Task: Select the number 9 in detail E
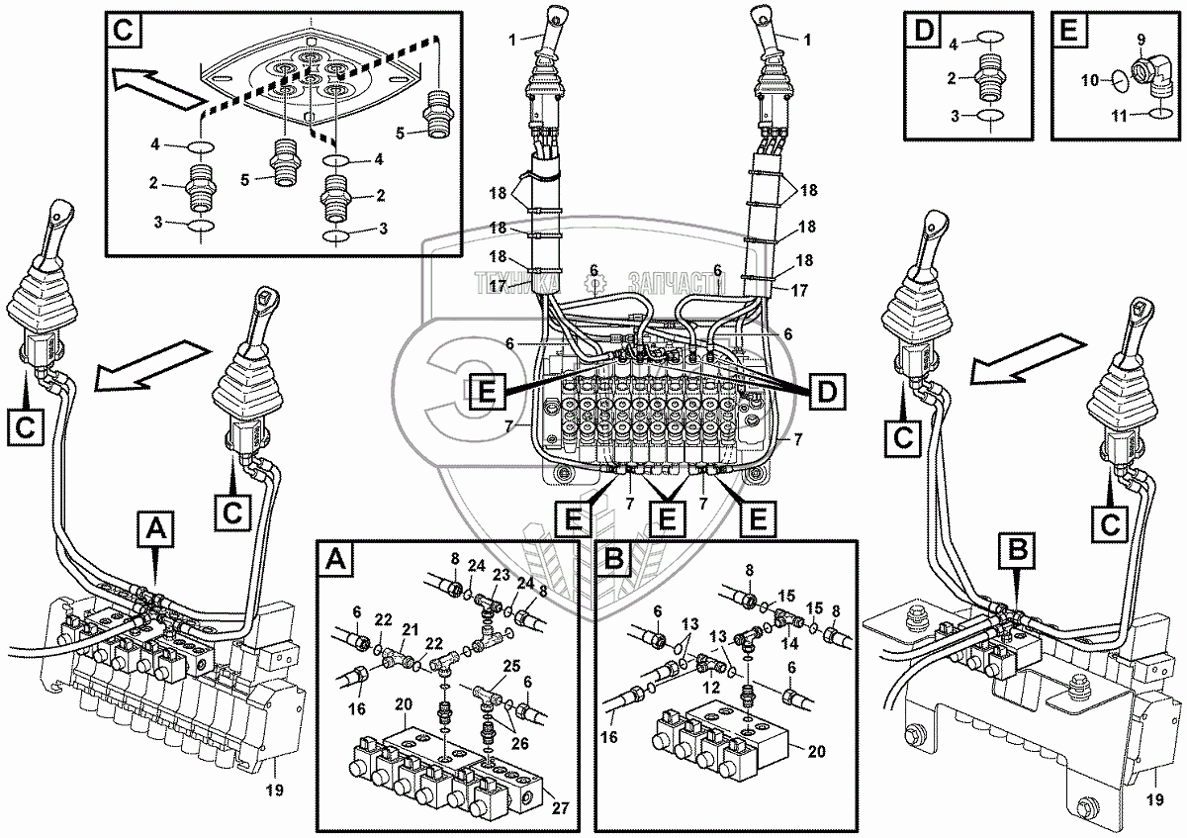click(x=1140, y=40)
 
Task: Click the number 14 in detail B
click(x=788, y=641)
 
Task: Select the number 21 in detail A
click(x=410, y=629)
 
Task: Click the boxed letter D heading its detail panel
click(x=923, y=30)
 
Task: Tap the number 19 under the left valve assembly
click(x=276, y=790)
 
